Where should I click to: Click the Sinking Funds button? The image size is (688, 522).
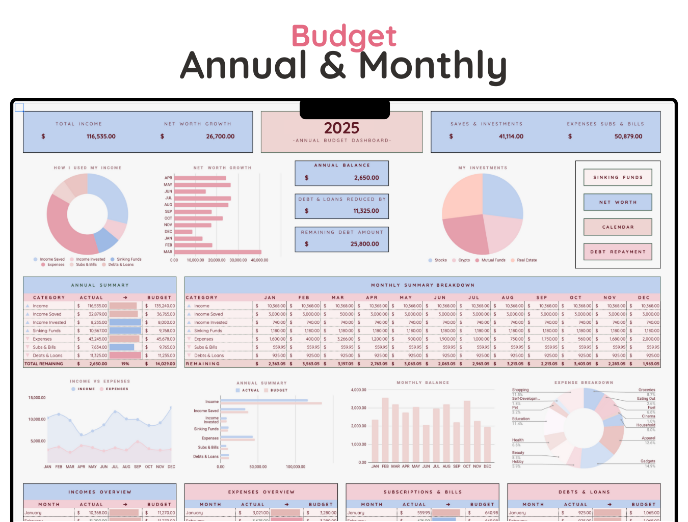point(618,178)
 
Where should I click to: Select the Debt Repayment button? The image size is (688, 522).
point(618,252)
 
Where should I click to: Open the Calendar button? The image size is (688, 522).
point(618,227)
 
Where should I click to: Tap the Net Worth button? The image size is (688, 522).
point(618,202)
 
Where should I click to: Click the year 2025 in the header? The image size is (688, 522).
point(341,128)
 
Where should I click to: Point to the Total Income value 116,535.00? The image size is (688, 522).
point(101,136)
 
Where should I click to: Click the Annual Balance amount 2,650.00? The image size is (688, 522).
point(366,178)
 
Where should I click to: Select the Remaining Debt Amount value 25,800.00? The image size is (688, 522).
point(364,244)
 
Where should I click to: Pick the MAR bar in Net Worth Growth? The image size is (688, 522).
point(218,252)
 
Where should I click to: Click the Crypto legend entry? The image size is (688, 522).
point(464,260)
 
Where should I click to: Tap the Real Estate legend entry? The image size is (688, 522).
point(526,260)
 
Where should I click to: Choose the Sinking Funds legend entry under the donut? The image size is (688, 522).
point(129,259)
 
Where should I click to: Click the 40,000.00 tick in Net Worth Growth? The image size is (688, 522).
point(259,260)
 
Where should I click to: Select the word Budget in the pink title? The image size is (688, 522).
point(344,36)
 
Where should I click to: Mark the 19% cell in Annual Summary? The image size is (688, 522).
point(125,364)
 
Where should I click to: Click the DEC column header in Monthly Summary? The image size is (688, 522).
point(644,298)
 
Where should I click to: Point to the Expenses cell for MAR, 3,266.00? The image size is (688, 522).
point(345,339)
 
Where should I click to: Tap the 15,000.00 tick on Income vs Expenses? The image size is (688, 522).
point(37,398)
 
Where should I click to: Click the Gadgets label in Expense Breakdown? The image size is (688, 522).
point(648,461)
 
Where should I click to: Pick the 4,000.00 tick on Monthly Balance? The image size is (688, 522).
point(358,390)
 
